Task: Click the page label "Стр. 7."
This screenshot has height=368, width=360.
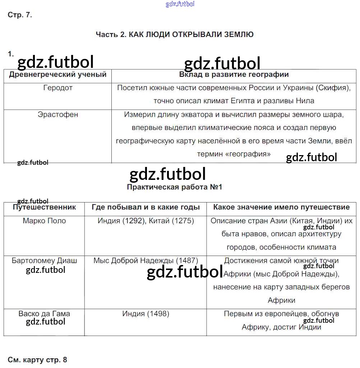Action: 20,15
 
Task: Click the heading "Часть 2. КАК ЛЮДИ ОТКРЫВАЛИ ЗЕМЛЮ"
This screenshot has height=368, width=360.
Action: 175,34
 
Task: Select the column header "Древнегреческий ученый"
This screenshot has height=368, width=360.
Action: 57,75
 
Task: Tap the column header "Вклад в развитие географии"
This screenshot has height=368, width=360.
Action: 234,75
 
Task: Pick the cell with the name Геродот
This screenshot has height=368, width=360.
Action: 57,88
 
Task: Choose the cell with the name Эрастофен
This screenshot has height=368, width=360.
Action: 57,115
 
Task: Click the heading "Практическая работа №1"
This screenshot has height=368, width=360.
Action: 175,187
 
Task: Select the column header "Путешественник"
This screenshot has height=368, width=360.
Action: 44,207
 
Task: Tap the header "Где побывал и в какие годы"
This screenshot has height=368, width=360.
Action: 146,207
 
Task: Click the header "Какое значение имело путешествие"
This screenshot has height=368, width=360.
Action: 281,207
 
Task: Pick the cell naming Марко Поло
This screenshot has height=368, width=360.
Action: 44,221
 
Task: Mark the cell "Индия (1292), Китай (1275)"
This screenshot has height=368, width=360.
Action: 146,221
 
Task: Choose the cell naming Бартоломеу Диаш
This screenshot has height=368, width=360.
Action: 44,261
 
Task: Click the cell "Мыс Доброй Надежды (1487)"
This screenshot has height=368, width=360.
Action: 146,261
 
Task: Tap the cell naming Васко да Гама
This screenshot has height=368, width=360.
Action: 44,313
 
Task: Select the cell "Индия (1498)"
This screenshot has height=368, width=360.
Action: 146,313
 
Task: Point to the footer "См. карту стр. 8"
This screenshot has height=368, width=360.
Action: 37,360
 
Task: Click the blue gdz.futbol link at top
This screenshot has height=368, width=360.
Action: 180,4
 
